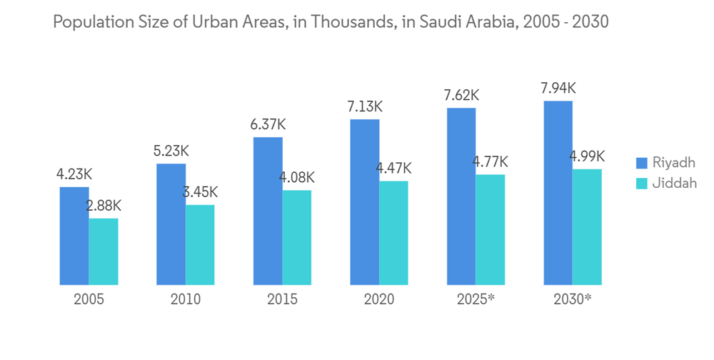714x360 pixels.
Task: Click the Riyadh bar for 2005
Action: coord(74,236)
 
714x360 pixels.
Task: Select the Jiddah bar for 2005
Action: coord(104,251)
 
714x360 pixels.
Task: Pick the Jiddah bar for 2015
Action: coord(297,237)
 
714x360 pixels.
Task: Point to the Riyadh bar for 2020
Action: coord(364,201)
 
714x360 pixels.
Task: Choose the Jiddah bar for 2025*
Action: coord(491,229)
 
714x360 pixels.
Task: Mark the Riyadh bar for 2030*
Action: coord(558,192)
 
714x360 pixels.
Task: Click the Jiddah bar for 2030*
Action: coord(587,226)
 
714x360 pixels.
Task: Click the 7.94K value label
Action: coord(558,89)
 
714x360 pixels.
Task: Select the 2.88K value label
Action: coord(104,206)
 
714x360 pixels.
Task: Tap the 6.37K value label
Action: coord(268,124)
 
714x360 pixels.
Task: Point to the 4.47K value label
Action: coord(393,169)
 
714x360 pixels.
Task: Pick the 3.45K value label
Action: coord(201,192)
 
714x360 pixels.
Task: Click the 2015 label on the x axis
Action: coord(282,299)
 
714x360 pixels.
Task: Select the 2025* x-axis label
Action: coord(476,299)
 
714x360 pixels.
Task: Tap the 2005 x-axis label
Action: coord(89,299)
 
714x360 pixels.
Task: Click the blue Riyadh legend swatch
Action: coord(641,162)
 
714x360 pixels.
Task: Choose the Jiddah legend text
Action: coord(675,183)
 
